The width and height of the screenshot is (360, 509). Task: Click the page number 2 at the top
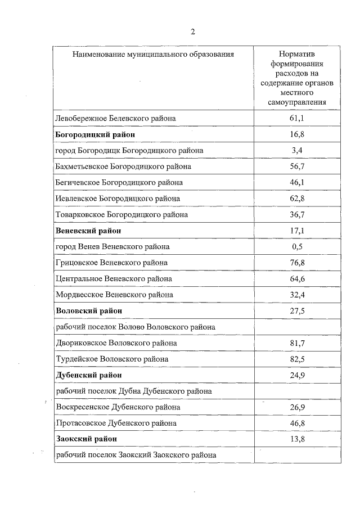pos(193,31)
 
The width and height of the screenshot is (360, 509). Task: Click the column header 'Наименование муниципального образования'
pos(153,55)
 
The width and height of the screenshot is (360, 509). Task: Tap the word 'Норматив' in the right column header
pos(297,55)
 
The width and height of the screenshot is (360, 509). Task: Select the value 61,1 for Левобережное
pos(297,119)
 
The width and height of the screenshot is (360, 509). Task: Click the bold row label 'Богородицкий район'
pos(96,135)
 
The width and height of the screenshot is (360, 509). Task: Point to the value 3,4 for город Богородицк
pos(297,151)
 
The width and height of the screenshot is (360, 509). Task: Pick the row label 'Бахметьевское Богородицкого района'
pos(124,167)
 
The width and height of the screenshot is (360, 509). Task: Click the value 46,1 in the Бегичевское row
pos(297,183)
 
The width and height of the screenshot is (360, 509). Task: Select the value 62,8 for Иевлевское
pos(297,199)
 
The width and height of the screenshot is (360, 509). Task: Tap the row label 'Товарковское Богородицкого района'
pos(122,215)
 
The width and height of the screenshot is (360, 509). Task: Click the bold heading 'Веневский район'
pos(89,231)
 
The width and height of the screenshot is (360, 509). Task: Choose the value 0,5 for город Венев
pos(297,247)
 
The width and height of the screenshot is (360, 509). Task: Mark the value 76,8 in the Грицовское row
pos(297,263)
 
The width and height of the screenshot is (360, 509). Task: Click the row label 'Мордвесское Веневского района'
pos(115,295)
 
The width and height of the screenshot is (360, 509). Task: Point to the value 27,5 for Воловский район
pos(297,310)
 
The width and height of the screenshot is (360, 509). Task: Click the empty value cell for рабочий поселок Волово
pos(297,327)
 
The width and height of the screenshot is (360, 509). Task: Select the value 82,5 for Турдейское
pos(297,359)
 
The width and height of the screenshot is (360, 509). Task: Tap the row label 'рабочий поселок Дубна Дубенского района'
pos(134,391)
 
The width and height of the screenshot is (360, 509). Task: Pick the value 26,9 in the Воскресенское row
pos(297,407)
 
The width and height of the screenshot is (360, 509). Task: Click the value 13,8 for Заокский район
pos(297,439)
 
